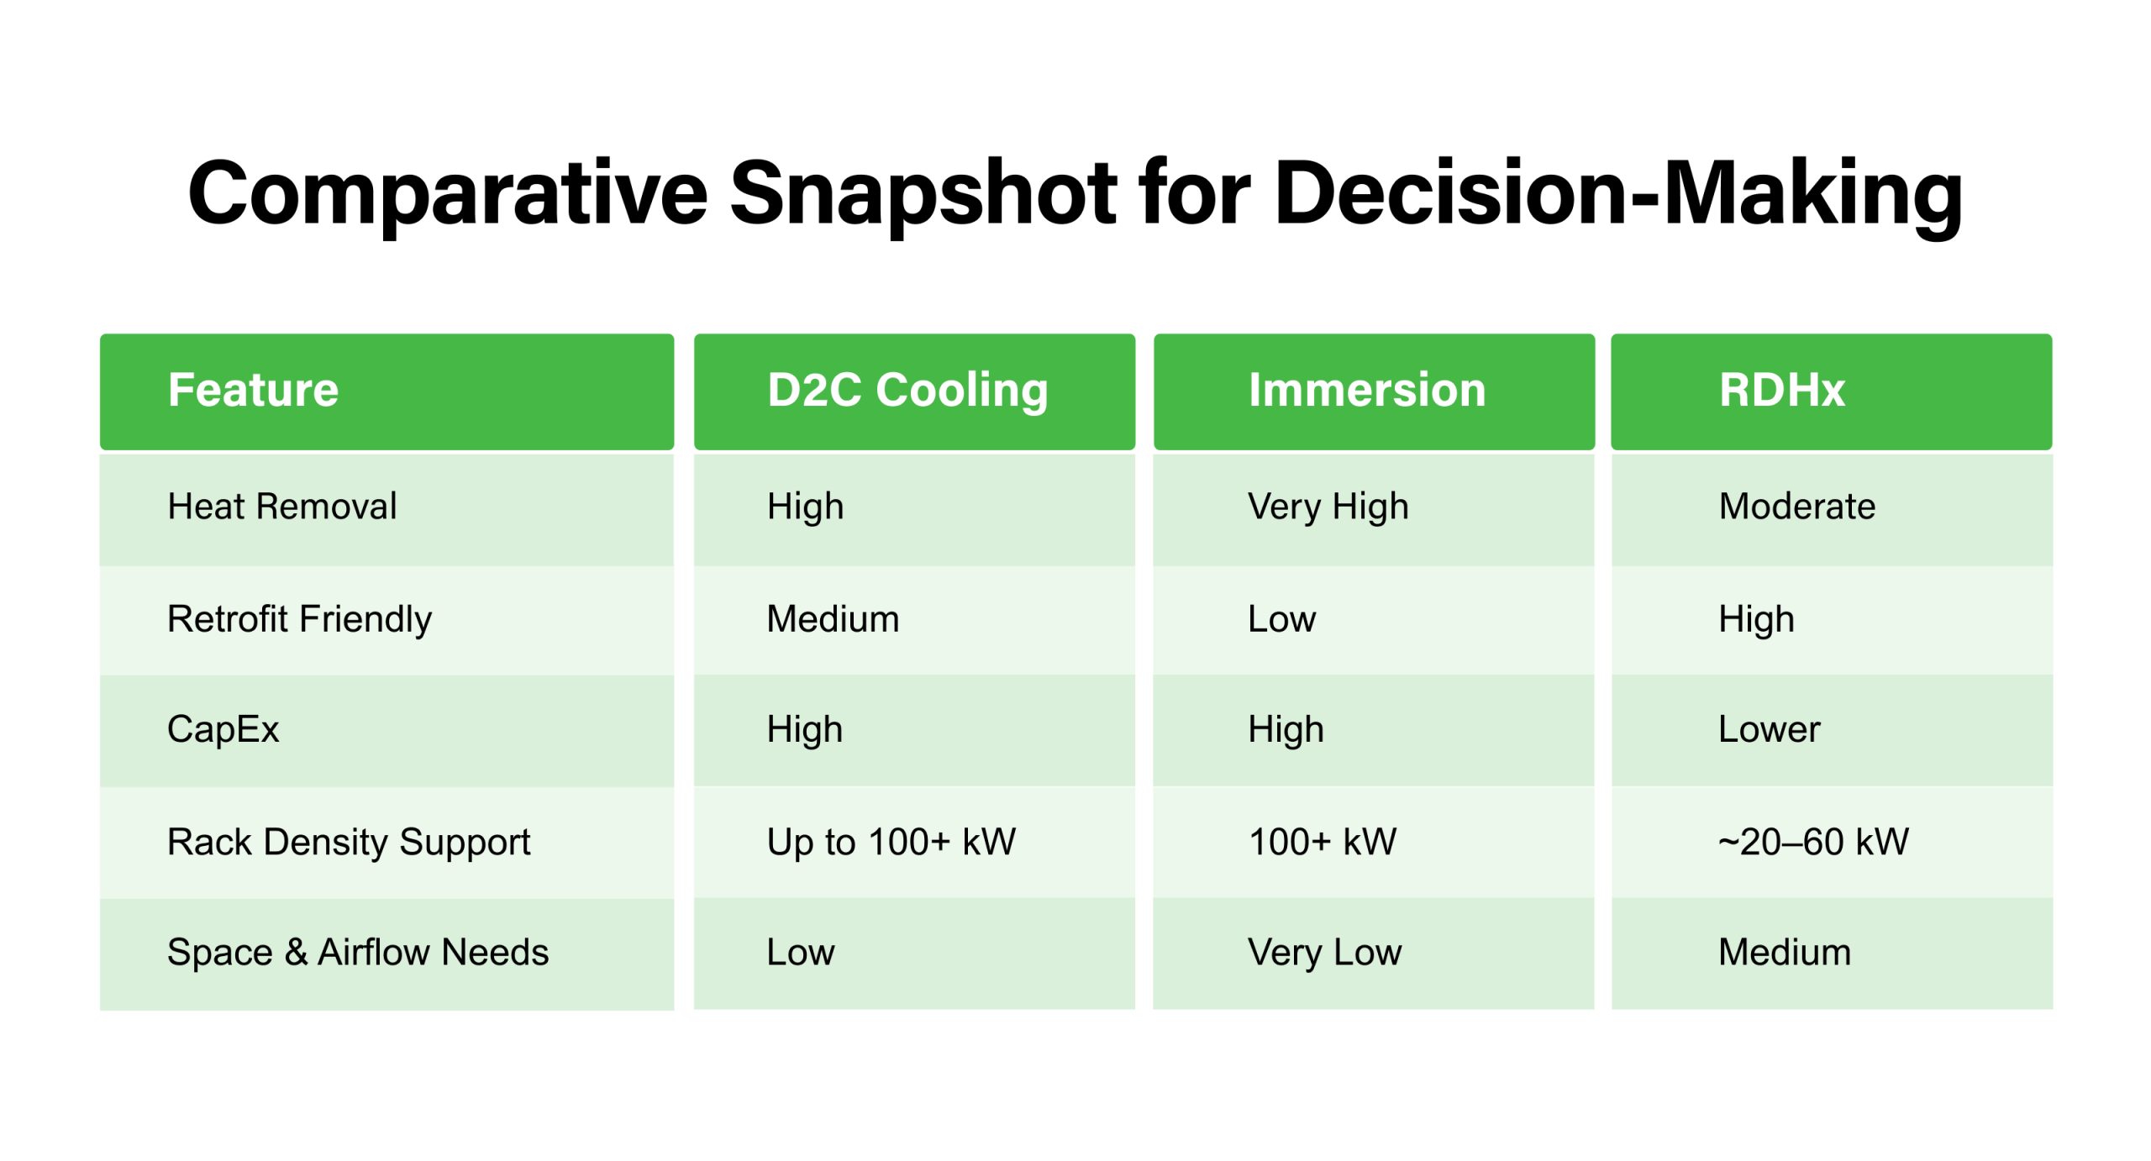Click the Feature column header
coord(253,391)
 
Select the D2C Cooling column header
coord(907,391)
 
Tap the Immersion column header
coord(1366,391)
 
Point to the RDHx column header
coord(1781,391)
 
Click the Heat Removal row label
coord(281,507)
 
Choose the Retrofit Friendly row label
coord(299,619)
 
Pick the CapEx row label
coord(223,729)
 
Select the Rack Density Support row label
coord(349,842)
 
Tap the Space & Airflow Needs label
coord(358,953)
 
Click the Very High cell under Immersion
coord(1328,507)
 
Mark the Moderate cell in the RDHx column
coord(1796,507)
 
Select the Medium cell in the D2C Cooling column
coord(833,619)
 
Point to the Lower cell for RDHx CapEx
coord(1769,729)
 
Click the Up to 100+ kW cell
coord(891,842)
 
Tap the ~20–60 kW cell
coord(1813,842)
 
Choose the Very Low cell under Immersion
coord(1324,953)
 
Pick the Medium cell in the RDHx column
coord(1785,953)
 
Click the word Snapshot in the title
coord(923,195)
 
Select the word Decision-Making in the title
coord(1617,195)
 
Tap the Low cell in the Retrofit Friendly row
coord(1281,619)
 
